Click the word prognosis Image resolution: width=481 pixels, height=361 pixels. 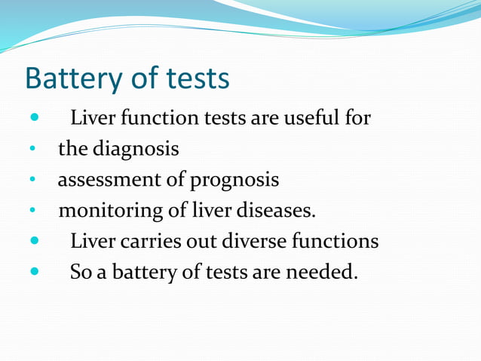234,181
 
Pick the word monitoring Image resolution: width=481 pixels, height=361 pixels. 111,211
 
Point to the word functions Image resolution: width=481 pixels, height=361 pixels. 335,241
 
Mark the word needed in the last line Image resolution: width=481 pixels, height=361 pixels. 322,271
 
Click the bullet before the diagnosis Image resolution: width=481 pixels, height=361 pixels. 32,150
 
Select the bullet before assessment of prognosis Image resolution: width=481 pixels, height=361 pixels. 32,180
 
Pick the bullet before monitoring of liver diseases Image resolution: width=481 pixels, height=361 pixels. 32,211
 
